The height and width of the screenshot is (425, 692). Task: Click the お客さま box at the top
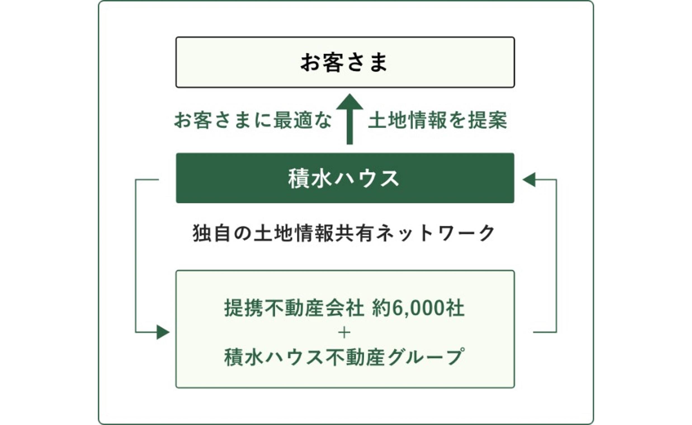[x=345, y=62]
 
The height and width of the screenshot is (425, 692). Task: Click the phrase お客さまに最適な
[x=253, y=120]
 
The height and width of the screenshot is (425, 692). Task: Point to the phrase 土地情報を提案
[x=437, y=120]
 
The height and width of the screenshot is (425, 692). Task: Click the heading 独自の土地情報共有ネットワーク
[x=343, y=233]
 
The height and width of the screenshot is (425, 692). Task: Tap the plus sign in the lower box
[x=344, y=333]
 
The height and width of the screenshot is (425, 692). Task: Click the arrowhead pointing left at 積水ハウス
[x=529, y=180]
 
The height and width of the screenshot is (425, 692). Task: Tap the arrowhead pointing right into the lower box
[x=163, y=332]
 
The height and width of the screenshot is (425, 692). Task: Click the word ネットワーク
[x=435, y=233]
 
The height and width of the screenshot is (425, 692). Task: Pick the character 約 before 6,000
[x=382, y=308]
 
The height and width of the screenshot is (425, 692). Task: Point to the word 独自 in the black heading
[x=210, y=233]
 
